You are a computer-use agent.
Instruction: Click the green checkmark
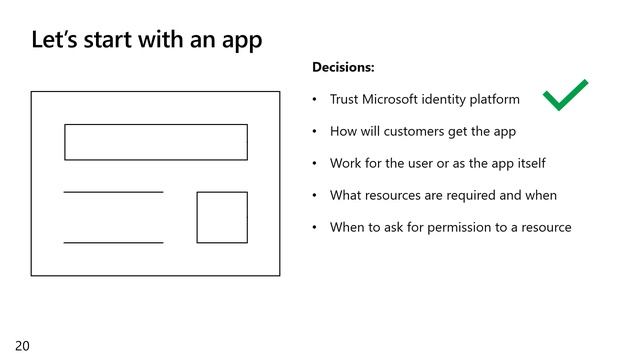pos(565,96)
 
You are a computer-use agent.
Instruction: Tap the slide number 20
pos(22,346)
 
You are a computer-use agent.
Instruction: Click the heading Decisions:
pos(343,68)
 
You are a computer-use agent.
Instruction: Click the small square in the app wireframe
pos(222,217)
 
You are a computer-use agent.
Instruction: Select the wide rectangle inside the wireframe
pos(156,142)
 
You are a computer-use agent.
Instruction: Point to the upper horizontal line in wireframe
pos(113,192)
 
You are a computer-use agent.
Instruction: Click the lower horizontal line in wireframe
pos(113,242)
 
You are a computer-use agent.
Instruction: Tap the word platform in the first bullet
pos(493,100)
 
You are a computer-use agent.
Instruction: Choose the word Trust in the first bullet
pos(346,100)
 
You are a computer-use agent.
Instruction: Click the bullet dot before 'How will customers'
pos(314,132)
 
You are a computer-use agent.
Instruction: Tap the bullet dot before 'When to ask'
pos(314,228)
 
